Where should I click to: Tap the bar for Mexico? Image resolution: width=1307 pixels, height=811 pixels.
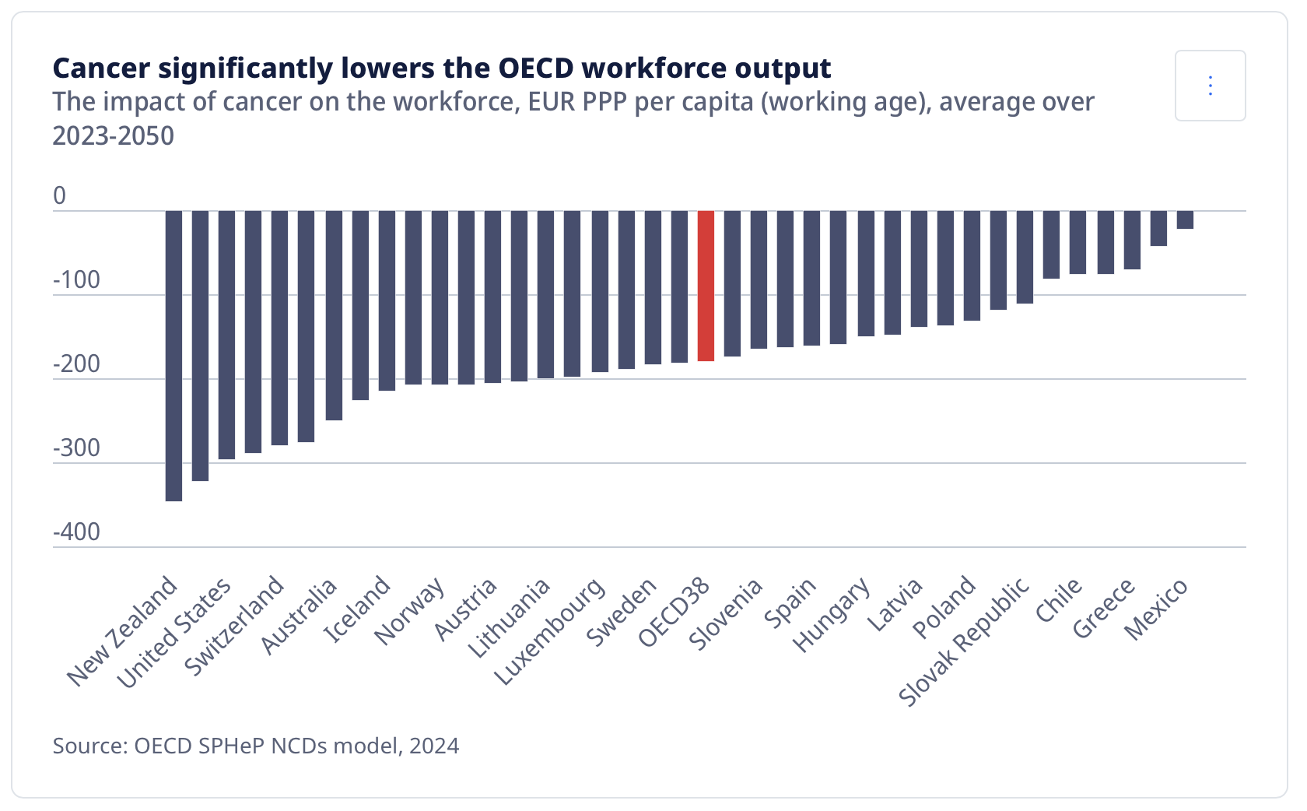pyautogui.click(x=1185, y=219)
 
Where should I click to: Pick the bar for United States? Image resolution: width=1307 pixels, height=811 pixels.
pyautogui.click(x=226, y=335)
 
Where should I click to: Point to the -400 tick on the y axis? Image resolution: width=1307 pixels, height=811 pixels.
pyautogui.click(x=76, y=532)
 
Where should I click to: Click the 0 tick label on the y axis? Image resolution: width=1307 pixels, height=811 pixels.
pyautogui.click(x=60, y=196)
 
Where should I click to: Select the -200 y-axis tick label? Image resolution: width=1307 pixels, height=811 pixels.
pyautogui.click(x=76, y=364)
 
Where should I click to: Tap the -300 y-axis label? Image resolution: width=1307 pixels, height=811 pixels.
pyautogui.click(x=76, y=448)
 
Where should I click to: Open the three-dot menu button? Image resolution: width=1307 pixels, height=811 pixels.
pyautogui.click(x=1210, y=86)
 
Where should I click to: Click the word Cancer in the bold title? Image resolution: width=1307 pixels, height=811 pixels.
pyautogui.click(x=101, y=68)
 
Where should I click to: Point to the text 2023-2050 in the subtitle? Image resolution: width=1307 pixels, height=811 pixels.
pyautogui.click(x=114, y=136)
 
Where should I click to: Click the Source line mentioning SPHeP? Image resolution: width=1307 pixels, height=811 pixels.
pyautogui.click(x=256, y=746)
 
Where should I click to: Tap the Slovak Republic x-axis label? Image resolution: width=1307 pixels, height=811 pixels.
pyautogui.click(x=965, y=642)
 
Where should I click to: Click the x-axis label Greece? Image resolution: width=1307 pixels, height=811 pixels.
pyautogui.click(x=1104, y=609)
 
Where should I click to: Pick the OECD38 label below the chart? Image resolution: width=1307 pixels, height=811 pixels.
pyautogui.click(x=675, y=613)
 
